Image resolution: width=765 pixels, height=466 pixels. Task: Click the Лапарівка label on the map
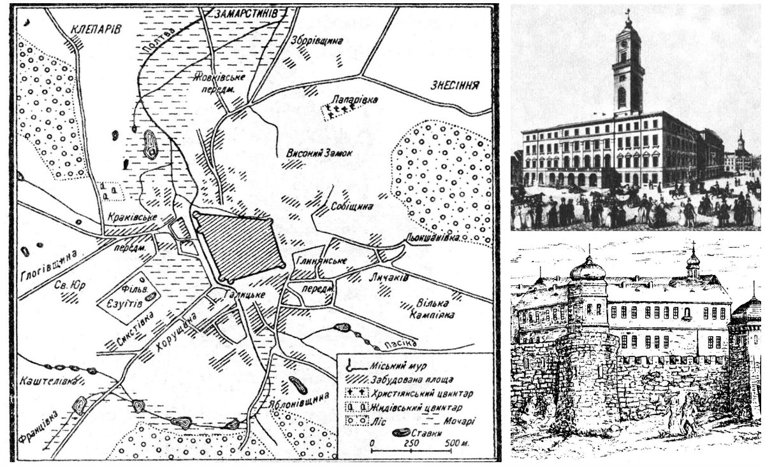pos(356,101)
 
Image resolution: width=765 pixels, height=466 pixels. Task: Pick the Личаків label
pos(384,278)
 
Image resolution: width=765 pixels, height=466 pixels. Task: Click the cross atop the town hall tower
pos(628,13)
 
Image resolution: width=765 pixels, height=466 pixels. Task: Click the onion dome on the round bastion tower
pos(586,269)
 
